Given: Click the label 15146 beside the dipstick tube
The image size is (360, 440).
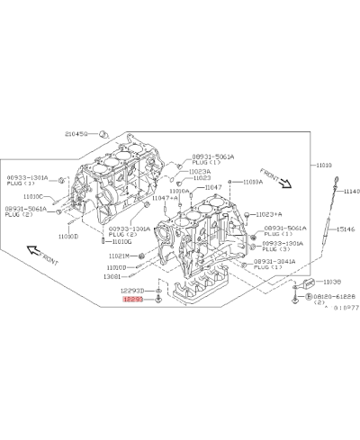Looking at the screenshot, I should click(346, 230).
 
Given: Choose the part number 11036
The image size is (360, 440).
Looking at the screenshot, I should click(332, 282).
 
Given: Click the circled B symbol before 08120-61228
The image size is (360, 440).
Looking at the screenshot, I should click(309, 296).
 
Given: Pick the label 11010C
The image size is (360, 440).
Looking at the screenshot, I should click(32, 196).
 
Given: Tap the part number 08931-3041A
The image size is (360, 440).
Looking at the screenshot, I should click(274, 261).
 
